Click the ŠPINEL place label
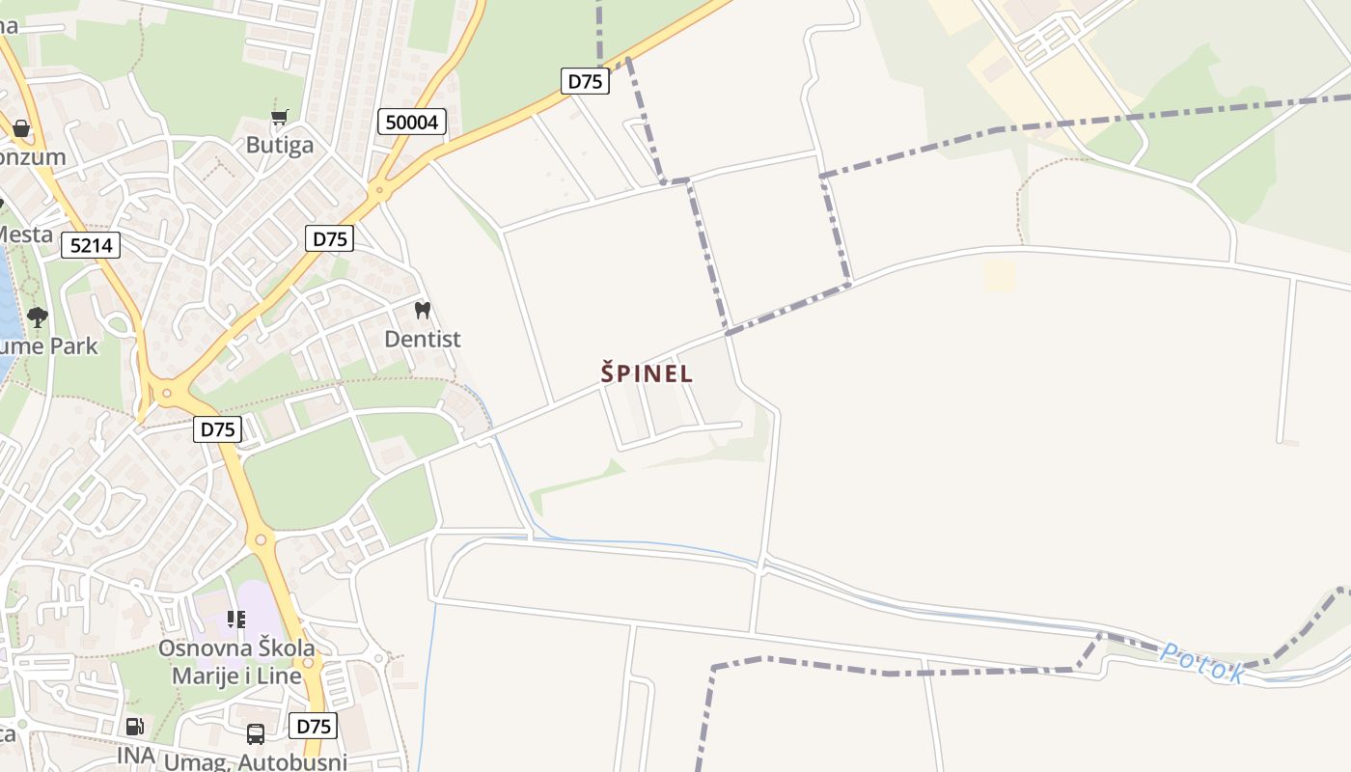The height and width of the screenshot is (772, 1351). [647, 373]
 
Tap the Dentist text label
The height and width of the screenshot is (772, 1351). [423, 339]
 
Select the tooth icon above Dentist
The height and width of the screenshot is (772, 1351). [422, 310]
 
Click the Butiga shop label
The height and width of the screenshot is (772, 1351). [280, 145]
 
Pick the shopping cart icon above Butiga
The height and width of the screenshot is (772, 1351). [280, 118]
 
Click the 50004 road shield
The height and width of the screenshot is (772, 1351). [412, 122]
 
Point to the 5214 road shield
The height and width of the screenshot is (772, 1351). [92, 245]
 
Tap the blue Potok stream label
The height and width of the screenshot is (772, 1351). [1201, 663]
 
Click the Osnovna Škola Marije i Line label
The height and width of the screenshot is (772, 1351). [236, 661]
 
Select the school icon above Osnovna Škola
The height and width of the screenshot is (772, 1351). [236, 619]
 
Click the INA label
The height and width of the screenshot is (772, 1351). [136, 756]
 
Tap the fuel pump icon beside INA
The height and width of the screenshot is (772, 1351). [135, 727]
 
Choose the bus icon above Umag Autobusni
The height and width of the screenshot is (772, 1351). [256, 734]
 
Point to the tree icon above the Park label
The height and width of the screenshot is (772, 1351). [38, 317]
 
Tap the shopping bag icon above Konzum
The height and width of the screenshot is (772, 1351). [21, 128]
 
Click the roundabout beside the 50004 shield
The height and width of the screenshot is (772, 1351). [379, 189]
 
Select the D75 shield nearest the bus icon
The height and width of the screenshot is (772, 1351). [313, 726]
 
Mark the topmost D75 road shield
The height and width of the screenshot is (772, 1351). [585, 81]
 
